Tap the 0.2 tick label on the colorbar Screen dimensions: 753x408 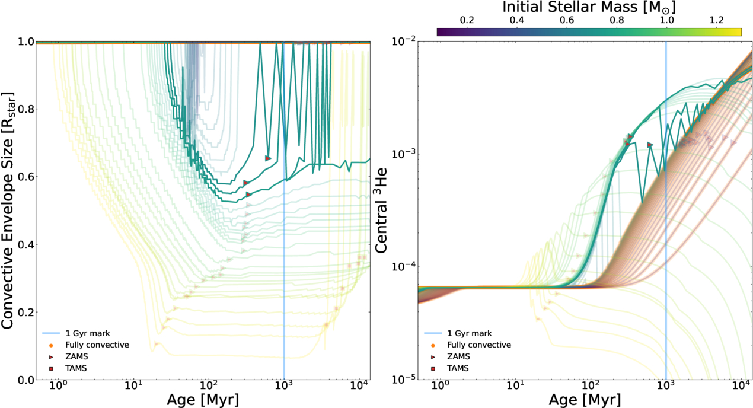(x=467, y=20)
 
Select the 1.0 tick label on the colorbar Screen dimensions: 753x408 (x=666, y=20)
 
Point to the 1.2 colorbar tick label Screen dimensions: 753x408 (x=716, y=20)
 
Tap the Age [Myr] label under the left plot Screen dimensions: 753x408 (x=203, y=400)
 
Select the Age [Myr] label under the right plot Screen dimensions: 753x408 (x=585, y=400)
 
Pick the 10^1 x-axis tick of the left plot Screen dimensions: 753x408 (x=134, y=386)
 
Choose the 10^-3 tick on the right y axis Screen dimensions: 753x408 (x=403, y=154)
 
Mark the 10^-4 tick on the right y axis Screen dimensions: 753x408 (x=403, y=267)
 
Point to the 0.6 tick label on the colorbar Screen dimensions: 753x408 (x=567, y=20)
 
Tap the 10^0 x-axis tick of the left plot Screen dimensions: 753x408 (x=59, y=386)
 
